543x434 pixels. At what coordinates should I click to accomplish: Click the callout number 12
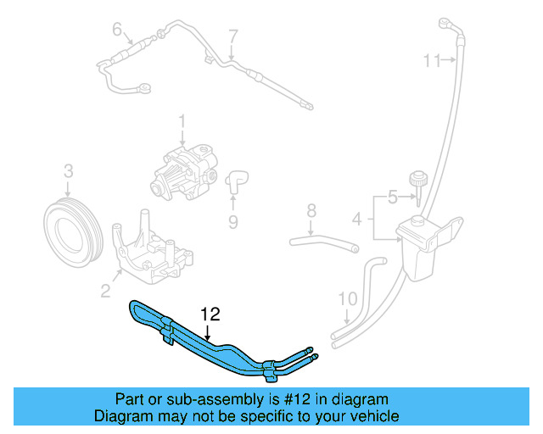[210, 314]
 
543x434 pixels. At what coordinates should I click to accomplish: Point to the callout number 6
[117, 30]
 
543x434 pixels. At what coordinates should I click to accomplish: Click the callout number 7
[233, 36]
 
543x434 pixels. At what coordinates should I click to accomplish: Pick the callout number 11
[433, 60]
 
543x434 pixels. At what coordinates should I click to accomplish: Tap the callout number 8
[311, 209]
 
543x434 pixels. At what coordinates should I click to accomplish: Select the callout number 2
[105, 292]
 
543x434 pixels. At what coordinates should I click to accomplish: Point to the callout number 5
[392, 198]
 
